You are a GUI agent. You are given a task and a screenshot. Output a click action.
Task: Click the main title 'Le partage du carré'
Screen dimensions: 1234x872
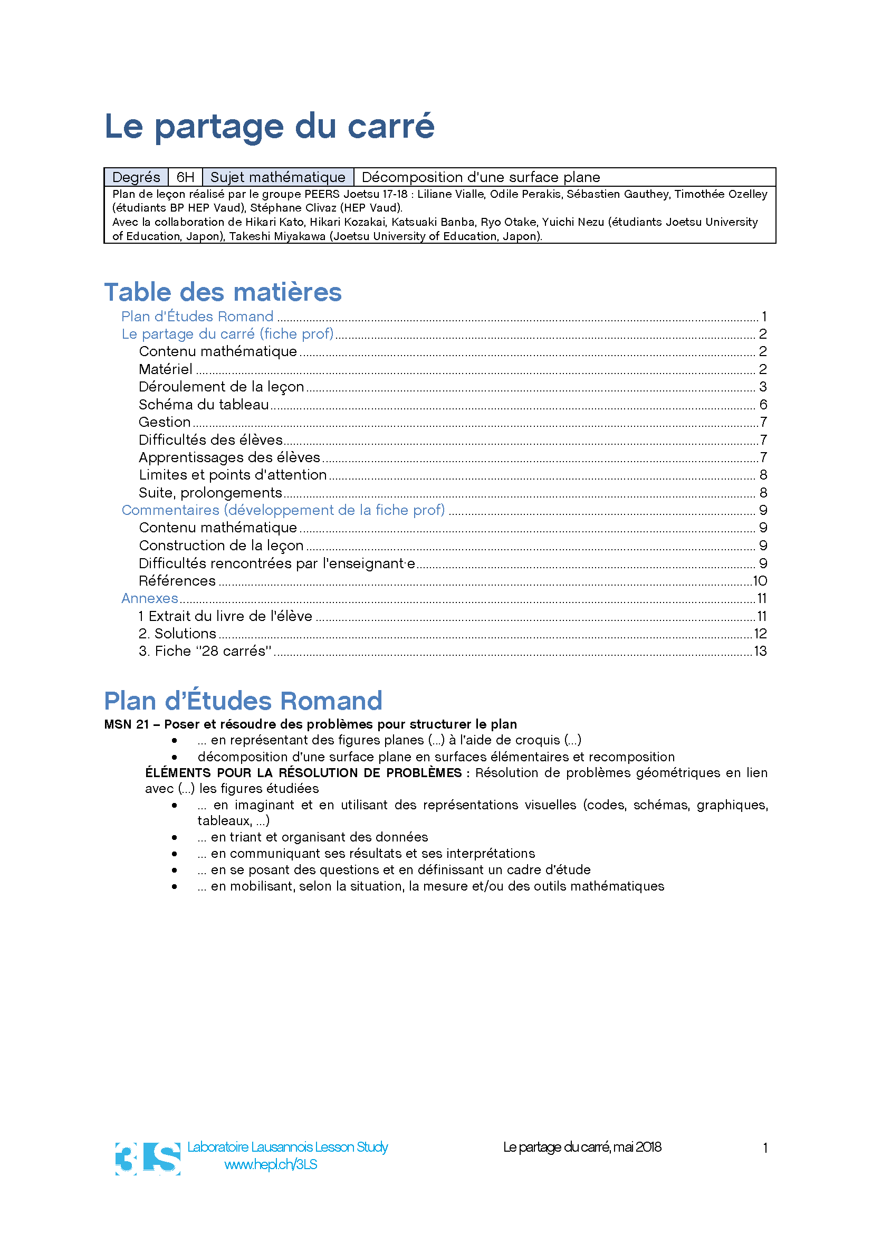(x=269, y=126)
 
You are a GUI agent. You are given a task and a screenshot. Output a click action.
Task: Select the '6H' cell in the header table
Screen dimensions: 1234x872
(x=185, y=177)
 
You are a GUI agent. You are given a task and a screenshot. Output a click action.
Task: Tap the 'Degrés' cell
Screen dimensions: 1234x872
(x=136, y=177)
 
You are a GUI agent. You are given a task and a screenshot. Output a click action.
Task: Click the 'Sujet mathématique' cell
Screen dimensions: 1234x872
(x=277, y=177)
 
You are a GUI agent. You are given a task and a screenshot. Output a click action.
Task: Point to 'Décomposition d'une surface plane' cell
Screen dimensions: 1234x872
(x=481, y=177)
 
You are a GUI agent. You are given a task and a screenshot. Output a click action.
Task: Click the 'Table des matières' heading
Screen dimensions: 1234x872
(x=223, y=292)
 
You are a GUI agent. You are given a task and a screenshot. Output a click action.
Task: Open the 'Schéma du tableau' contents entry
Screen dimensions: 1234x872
(x=204, y=404)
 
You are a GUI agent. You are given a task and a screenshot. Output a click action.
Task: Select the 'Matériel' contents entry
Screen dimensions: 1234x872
(x=166, y=369)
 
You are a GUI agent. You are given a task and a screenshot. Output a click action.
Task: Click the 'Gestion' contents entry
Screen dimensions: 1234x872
(x=165, y=422)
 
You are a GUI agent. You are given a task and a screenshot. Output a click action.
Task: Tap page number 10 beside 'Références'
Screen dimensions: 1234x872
(x=760, y=581)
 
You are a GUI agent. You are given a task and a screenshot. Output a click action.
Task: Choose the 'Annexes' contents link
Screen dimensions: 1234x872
(x=149, y=598)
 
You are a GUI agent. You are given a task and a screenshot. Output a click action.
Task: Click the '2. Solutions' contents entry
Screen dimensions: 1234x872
(x=177, y=634)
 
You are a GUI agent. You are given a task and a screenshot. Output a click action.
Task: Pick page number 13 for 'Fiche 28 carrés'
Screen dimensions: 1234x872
(x=760, y=652)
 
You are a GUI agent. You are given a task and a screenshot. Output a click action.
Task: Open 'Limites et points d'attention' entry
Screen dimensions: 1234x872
(x=233, y=475)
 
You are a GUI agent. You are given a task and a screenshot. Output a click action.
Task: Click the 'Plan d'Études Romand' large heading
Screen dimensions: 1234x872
(x=243, y=701)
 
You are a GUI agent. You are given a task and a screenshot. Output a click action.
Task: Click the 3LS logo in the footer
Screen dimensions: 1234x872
(x=148, y=1158)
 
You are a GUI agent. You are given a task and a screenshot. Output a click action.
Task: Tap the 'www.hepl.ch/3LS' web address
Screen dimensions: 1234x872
(x=270, y=1165)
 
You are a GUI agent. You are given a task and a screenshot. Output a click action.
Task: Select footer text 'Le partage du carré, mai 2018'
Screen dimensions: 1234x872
(x=582, y=1147)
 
